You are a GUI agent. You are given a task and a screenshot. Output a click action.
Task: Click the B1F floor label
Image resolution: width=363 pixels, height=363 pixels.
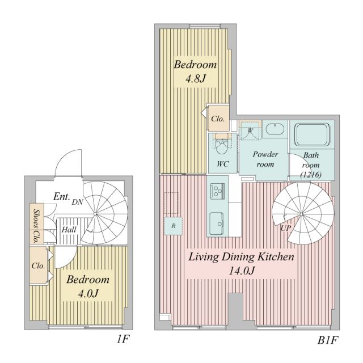(327, 341)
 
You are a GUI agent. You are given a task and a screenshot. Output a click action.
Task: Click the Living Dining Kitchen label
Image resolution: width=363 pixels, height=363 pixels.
(242, 257)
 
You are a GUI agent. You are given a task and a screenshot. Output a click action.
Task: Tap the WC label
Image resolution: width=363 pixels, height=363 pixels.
(222, 164)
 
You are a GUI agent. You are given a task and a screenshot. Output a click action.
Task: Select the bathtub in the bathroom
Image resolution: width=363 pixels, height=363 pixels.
(311, 134)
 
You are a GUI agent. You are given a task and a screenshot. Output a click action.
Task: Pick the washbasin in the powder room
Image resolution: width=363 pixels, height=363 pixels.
(276, 130)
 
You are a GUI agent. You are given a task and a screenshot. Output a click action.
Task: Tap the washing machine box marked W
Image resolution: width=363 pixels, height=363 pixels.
(249, 130)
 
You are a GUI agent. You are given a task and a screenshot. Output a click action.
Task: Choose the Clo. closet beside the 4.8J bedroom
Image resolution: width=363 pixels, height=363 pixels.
(218, 119)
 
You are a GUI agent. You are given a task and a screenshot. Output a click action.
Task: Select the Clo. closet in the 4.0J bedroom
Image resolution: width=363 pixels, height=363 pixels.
(39, 265)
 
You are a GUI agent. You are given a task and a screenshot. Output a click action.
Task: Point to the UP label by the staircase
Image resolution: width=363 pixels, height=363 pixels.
(286, 227)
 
